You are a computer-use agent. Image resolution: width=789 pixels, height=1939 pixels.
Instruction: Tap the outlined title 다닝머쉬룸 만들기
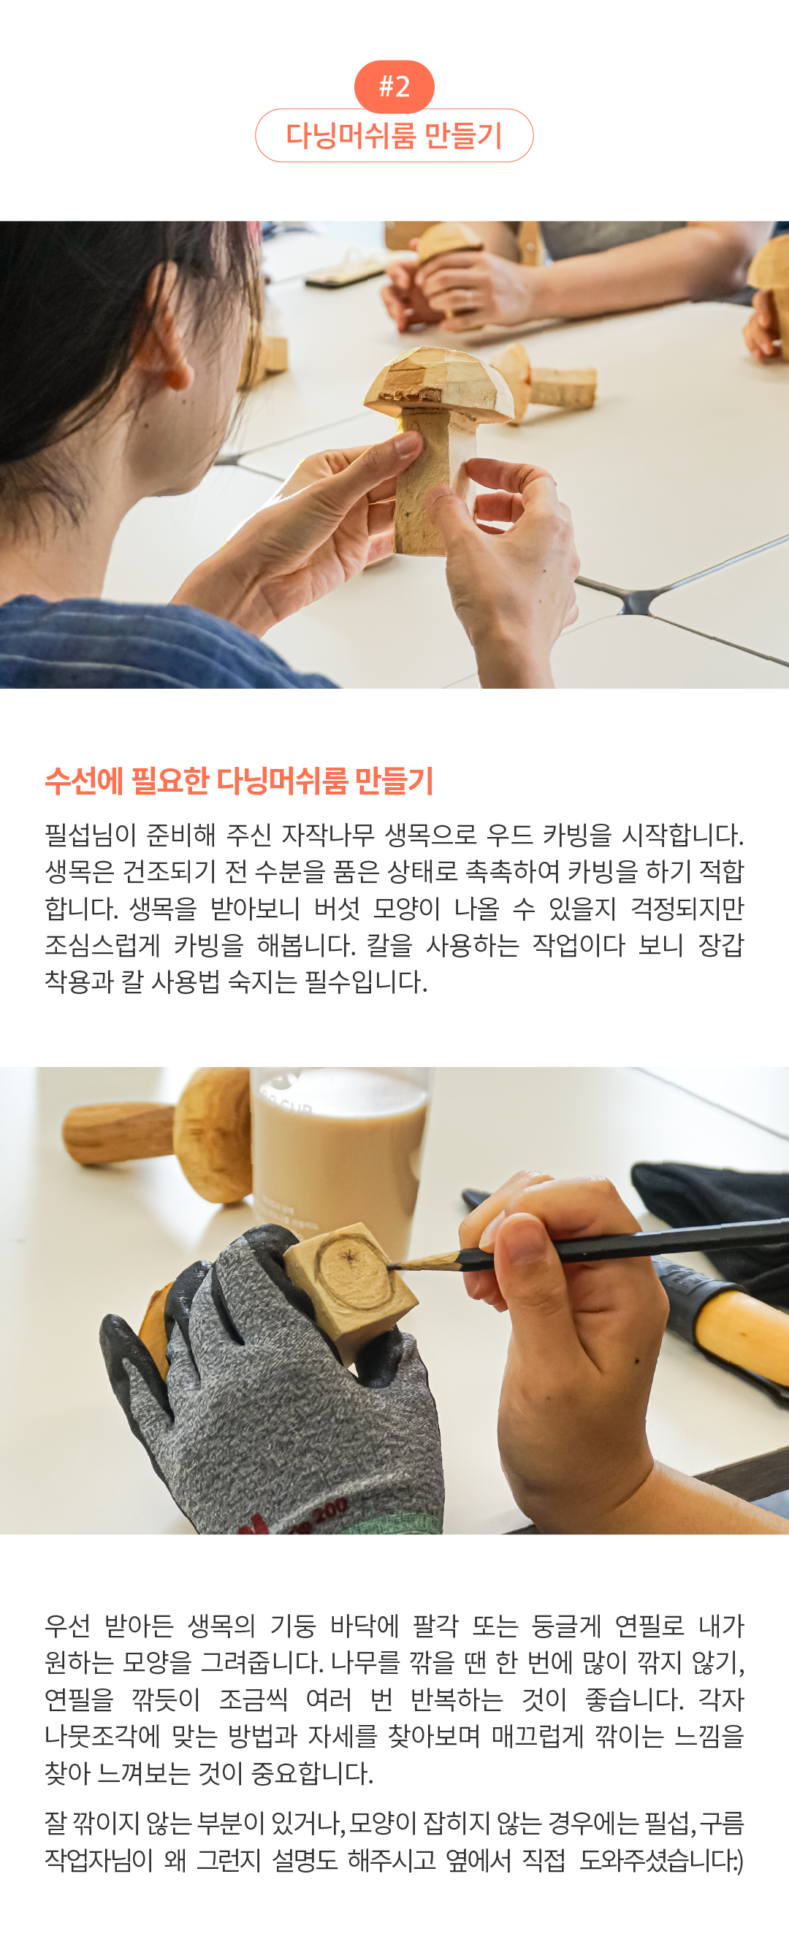point(394,136)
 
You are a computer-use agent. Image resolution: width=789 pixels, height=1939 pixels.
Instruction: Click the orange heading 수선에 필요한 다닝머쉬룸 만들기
point(240,781)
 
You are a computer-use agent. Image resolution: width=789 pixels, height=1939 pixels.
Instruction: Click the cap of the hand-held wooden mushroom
point(438,384)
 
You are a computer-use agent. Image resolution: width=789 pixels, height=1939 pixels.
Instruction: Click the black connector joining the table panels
point(638,600)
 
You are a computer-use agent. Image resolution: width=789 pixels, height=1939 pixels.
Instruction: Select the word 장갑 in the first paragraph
point(720,944)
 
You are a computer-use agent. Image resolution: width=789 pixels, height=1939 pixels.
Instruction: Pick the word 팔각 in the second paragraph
point(435,1625)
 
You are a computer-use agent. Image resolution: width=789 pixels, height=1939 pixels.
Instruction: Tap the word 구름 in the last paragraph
point(722,1822)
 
